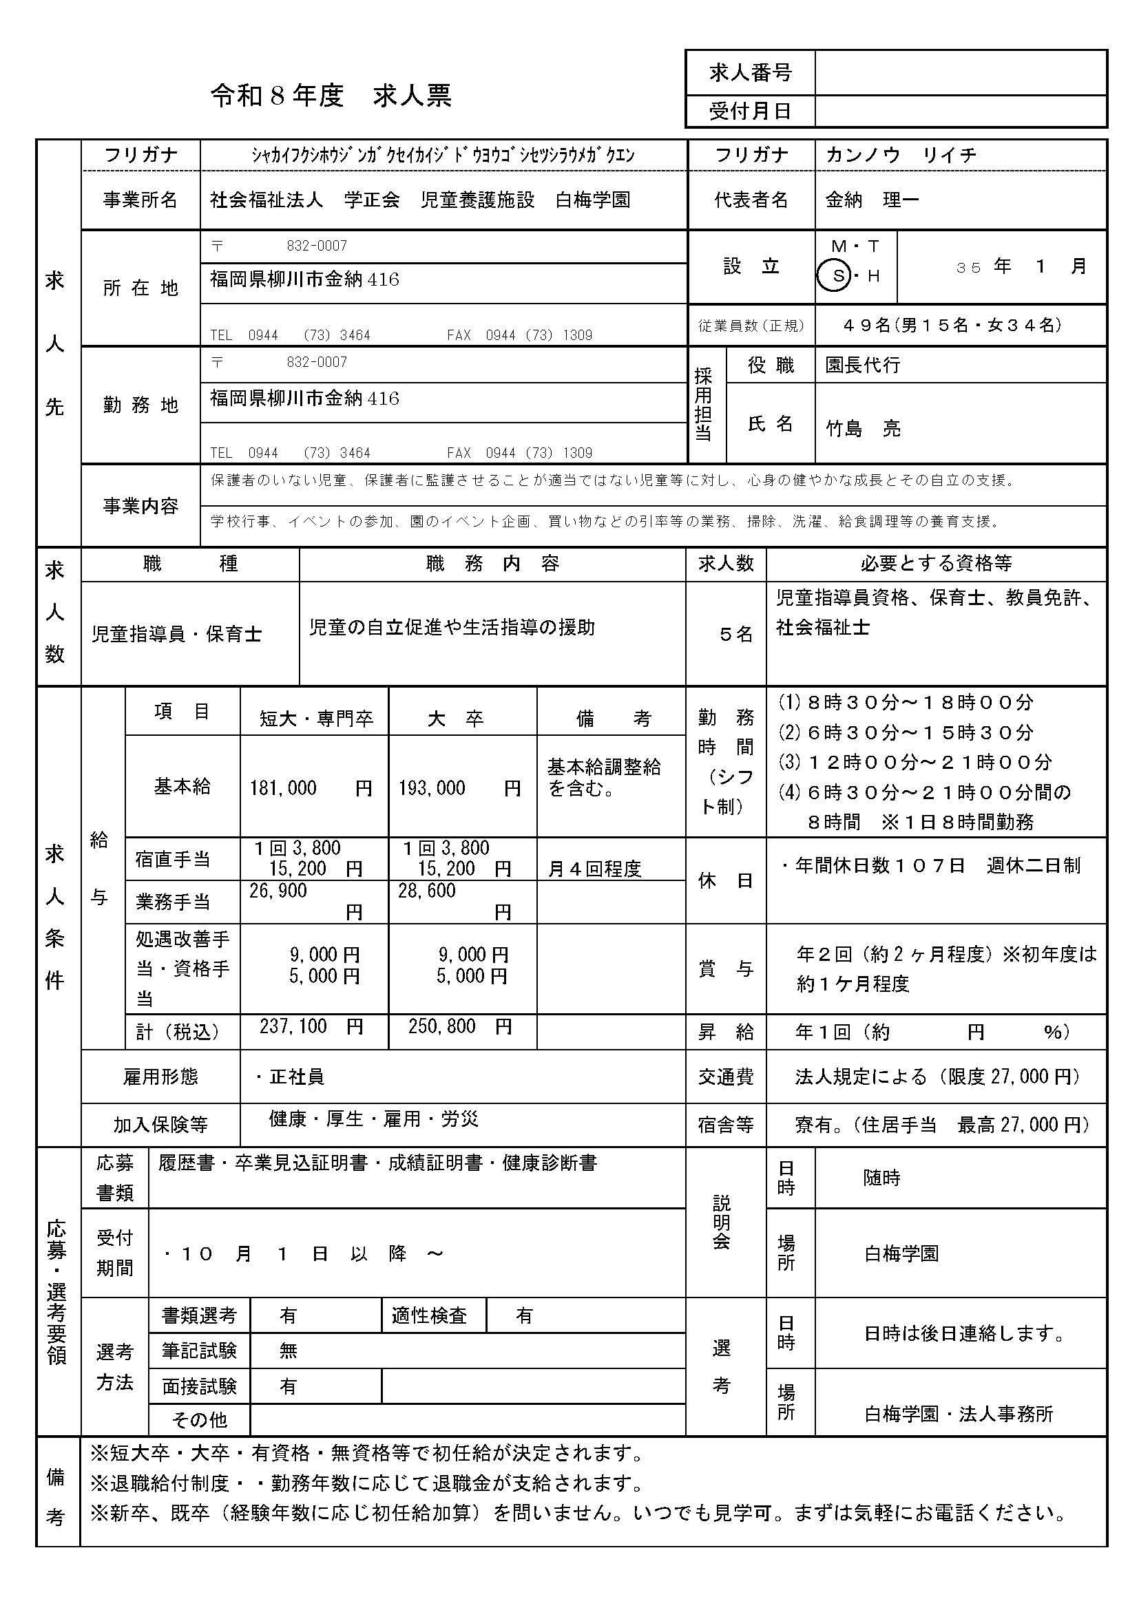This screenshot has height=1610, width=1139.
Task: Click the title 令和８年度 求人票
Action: [331, 96]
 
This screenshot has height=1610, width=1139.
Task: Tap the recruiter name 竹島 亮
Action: [863, 428]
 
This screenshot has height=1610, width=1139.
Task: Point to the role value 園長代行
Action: [862, 366]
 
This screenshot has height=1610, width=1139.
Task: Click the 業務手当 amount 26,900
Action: [278, 891]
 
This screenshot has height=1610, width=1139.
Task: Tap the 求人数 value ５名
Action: [735, 634]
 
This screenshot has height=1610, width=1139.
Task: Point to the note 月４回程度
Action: [594, 869]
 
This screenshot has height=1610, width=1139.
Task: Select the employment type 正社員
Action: [296, 1077]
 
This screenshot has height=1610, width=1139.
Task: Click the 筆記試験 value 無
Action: [289, 1350]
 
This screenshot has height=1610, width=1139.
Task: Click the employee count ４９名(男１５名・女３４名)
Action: [952, 326]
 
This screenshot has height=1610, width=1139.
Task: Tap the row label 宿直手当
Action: [173, 859]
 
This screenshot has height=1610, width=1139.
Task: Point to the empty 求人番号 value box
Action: [960, 72]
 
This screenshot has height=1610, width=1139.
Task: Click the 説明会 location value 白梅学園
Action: [901, 1253]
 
